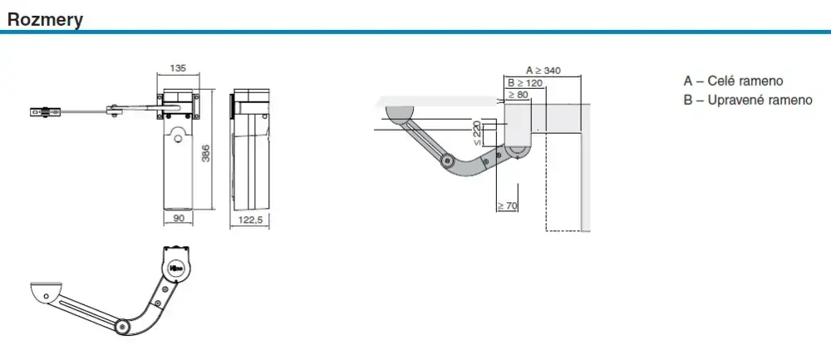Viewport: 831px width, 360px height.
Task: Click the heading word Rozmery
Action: (x=45, y=20)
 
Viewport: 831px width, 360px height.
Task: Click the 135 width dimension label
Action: (x=178, y=68)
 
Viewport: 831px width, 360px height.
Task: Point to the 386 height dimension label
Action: (x=207, y=153)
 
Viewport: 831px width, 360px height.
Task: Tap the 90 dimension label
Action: (x=179, y=218)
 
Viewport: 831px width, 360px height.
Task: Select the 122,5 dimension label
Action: (x=250, y=219)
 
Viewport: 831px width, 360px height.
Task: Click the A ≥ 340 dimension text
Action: (x=543, y=70)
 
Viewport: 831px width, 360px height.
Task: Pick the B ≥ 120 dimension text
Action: (x=524, y=82)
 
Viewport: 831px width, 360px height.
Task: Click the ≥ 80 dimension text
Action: (x=519, y=95)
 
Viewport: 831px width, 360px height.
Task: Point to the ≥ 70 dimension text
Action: (x=507, y=205)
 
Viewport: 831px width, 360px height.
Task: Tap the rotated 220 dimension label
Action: (x=477, y=132)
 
